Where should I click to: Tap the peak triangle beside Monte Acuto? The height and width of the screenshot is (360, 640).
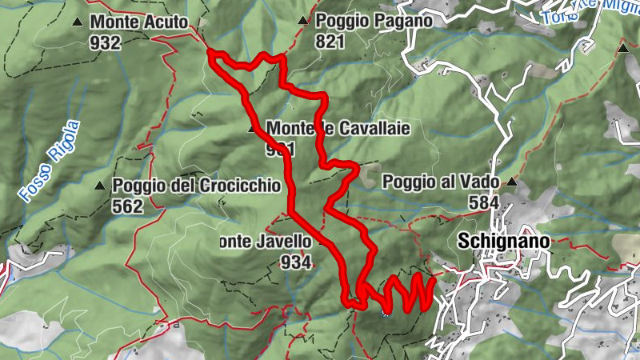click(x=77, y=22)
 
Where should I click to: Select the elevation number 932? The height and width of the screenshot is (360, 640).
click(x=105, y=42)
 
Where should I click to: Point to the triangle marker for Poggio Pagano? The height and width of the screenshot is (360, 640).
click(x=302, y=21)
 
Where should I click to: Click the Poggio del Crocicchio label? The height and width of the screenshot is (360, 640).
click(x=197, y=186)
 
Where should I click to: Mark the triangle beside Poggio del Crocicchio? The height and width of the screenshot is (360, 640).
click(x=100, y=186)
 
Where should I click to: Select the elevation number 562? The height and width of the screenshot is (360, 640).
click(x=127, y=206)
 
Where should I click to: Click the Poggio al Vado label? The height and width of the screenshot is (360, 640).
click(x=441, y=182)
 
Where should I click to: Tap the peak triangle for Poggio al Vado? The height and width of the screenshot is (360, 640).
click(x=511, y=182)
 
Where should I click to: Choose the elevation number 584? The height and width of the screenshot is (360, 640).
click(x=484, y=202)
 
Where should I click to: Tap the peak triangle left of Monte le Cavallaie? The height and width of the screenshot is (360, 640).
click(x=253, y=128)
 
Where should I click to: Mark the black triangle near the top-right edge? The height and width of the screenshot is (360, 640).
click(x=622, y=49)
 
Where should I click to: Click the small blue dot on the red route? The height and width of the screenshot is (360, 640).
click(x=386, y=313)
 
